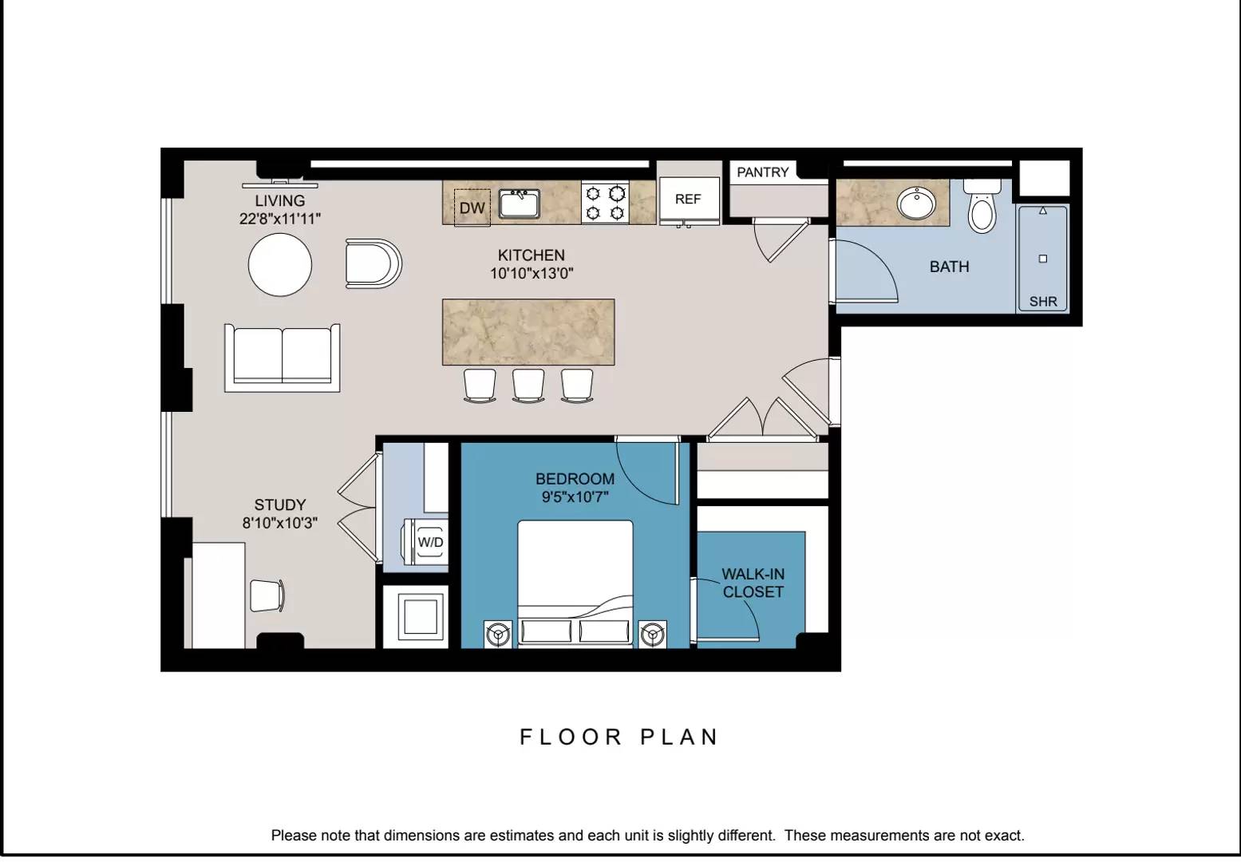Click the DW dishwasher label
[x=472, y=208]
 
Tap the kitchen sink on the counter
[x=519, y=204]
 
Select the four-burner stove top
[x=605, y=203]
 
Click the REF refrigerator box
[x=690, y=200]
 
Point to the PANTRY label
[x=763, y=172]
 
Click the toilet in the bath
[x=982, y=206]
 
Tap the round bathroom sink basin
[x=916, y=204]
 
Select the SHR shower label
[x=1043, y=302]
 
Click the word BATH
[x=950, y=267]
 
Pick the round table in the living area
[x=280, y=265]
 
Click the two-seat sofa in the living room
[x=282, y=358]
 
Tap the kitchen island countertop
[x=528, y=332]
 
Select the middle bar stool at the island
[x=528, y=385]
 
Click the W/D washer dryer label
[x=430, y=542]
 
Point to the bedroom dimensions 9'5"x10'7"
[x=575, y=497]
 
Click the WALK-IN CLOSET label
[x=753, y=583]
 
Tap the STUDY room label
[x=280, y=504]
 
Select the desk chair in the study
[x=267, y=596]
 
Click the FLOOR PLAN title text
[x=619, y=737]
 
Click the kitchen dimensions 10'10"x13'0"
[x=532, y=273]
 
